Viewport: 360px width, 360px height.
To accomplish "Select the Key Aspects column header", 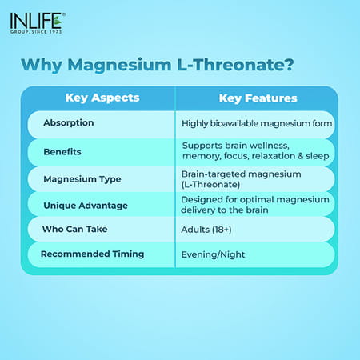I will point(102,98).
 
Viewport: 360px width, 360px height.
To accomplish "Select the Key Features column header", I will point(258,98).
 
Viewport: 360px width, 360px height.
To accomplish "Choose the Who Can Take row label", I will point(75,230).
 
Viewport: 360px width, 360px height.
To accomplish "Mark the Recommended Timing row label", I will point(92,254).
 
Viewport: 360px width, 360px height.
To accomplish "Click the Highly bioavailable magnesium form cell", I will point(257,123).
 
